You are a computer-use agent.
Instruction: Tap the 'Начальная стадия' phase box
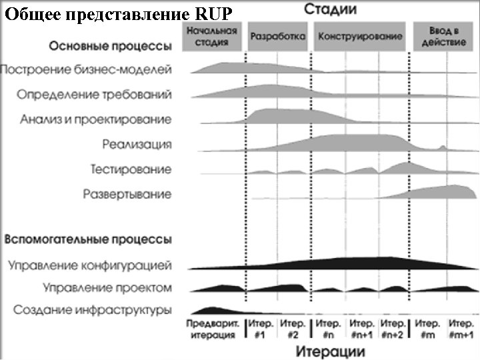[x=212, y=37]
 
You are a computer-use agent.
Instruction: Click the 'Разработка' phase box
[x=278, y=37]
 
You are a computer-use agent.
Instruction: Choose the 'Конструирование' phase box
[x=360, y=37]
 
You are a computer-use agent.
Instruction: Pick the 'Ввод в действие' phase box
[x=439, y=37]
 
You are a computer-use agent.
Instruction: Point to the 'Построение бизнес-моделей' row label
[x=86, y=69]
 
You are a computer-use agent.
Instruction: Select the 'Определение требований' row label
[x=94, y=94]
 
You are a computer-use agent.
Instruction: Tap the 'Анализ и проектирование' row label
[x=95, y=119]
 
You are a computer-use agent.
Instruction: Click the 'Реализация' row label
[x=137, y=144]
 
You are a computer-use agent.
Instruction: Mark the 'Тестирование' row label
[x=131, y=169]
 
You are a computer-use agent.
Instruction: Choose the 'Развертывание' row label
[x=127, y=195]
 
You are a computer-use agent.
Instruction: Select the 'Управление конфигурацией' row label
[x=89, y=265]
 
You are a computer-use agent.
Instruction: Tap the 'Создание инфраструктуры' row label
[x=92, y=310]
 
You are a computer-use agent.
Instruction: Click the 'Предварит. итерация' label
[x=212, y=329]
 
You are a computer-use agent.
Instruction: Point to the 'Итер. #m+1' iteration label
[x=461, y=329]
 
